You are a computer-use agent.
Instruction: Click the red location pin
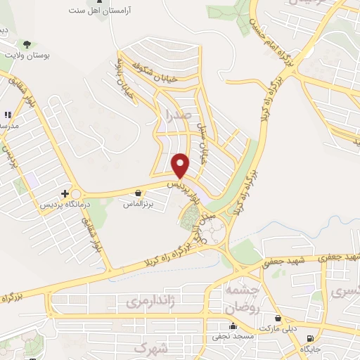tap(181, 165)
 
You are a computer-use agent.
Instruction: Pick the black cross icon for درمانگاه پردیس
tap(65, 192)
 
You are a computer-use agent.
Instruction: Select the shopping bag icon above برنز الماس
tap(139, 192)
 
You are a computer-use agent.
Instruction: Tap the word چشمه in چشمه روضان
tap(241, 290)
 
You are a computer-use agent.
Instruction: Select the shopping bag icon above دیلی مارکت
tap(278, 318)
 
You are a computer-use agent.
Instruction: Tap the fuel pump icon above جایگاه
tap(309, 337)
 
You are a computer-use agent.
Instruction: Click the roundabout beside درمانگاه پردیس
tap(76, 193)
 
